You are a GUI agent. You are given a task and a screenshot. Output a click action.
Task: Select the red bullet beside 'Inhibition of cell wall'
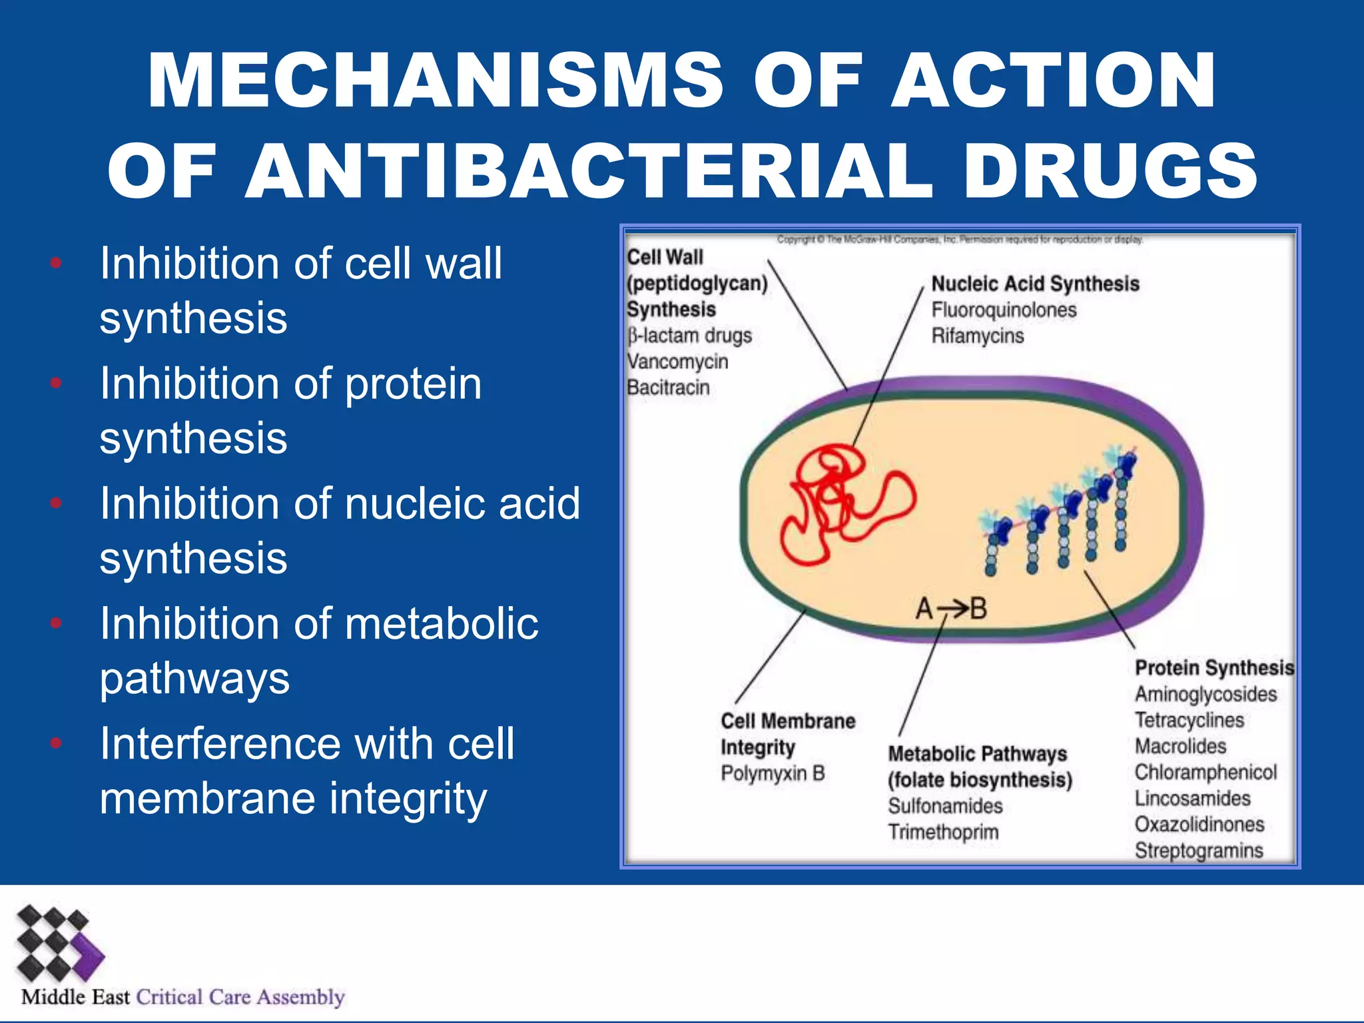coord(56,263)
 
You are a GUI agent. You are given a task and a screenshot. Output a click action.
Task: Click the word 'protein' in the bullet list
coord(413,384)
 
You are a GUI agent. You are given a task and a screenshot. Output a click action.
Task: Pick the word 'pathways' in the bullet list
coord(194,679)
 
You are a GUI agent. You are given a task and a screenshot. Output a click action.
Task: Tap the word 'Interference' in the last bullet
coord(220,744)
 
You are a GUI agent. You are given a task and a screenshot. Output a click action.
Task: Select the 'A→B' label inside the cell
coord(950,608)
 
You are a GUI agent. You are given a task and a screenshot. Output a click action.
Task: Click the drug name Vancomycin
coord(677,362)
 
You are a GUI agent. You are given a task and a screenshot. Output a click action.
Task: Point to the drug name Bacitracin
coord(668,388)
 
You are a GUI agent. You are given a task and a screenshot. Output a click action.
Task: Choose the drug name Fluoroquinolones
coord(1004,310)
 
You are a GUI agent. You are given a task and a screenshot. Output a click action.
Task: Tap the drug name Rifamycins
coord(977,336)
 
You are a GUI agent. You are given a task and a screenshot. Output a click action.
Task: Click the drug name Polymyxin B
coord(773,773)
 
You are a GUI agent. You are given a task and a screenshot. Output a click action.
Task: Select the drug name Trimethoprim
coord(943,832)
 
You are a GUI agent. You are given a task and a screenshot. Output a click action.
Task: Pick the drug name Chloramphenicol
coord(1205,772)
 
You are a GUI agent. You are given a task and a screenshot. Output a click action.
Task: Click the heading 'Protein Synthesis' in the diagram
coord(1213,667)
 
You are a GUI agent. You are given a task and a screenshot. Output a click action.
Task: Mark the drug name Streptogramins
coord(1199,851)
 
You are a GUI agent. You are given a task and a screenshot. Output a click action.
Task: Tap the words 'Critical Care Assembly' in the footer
coord(240,997)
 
